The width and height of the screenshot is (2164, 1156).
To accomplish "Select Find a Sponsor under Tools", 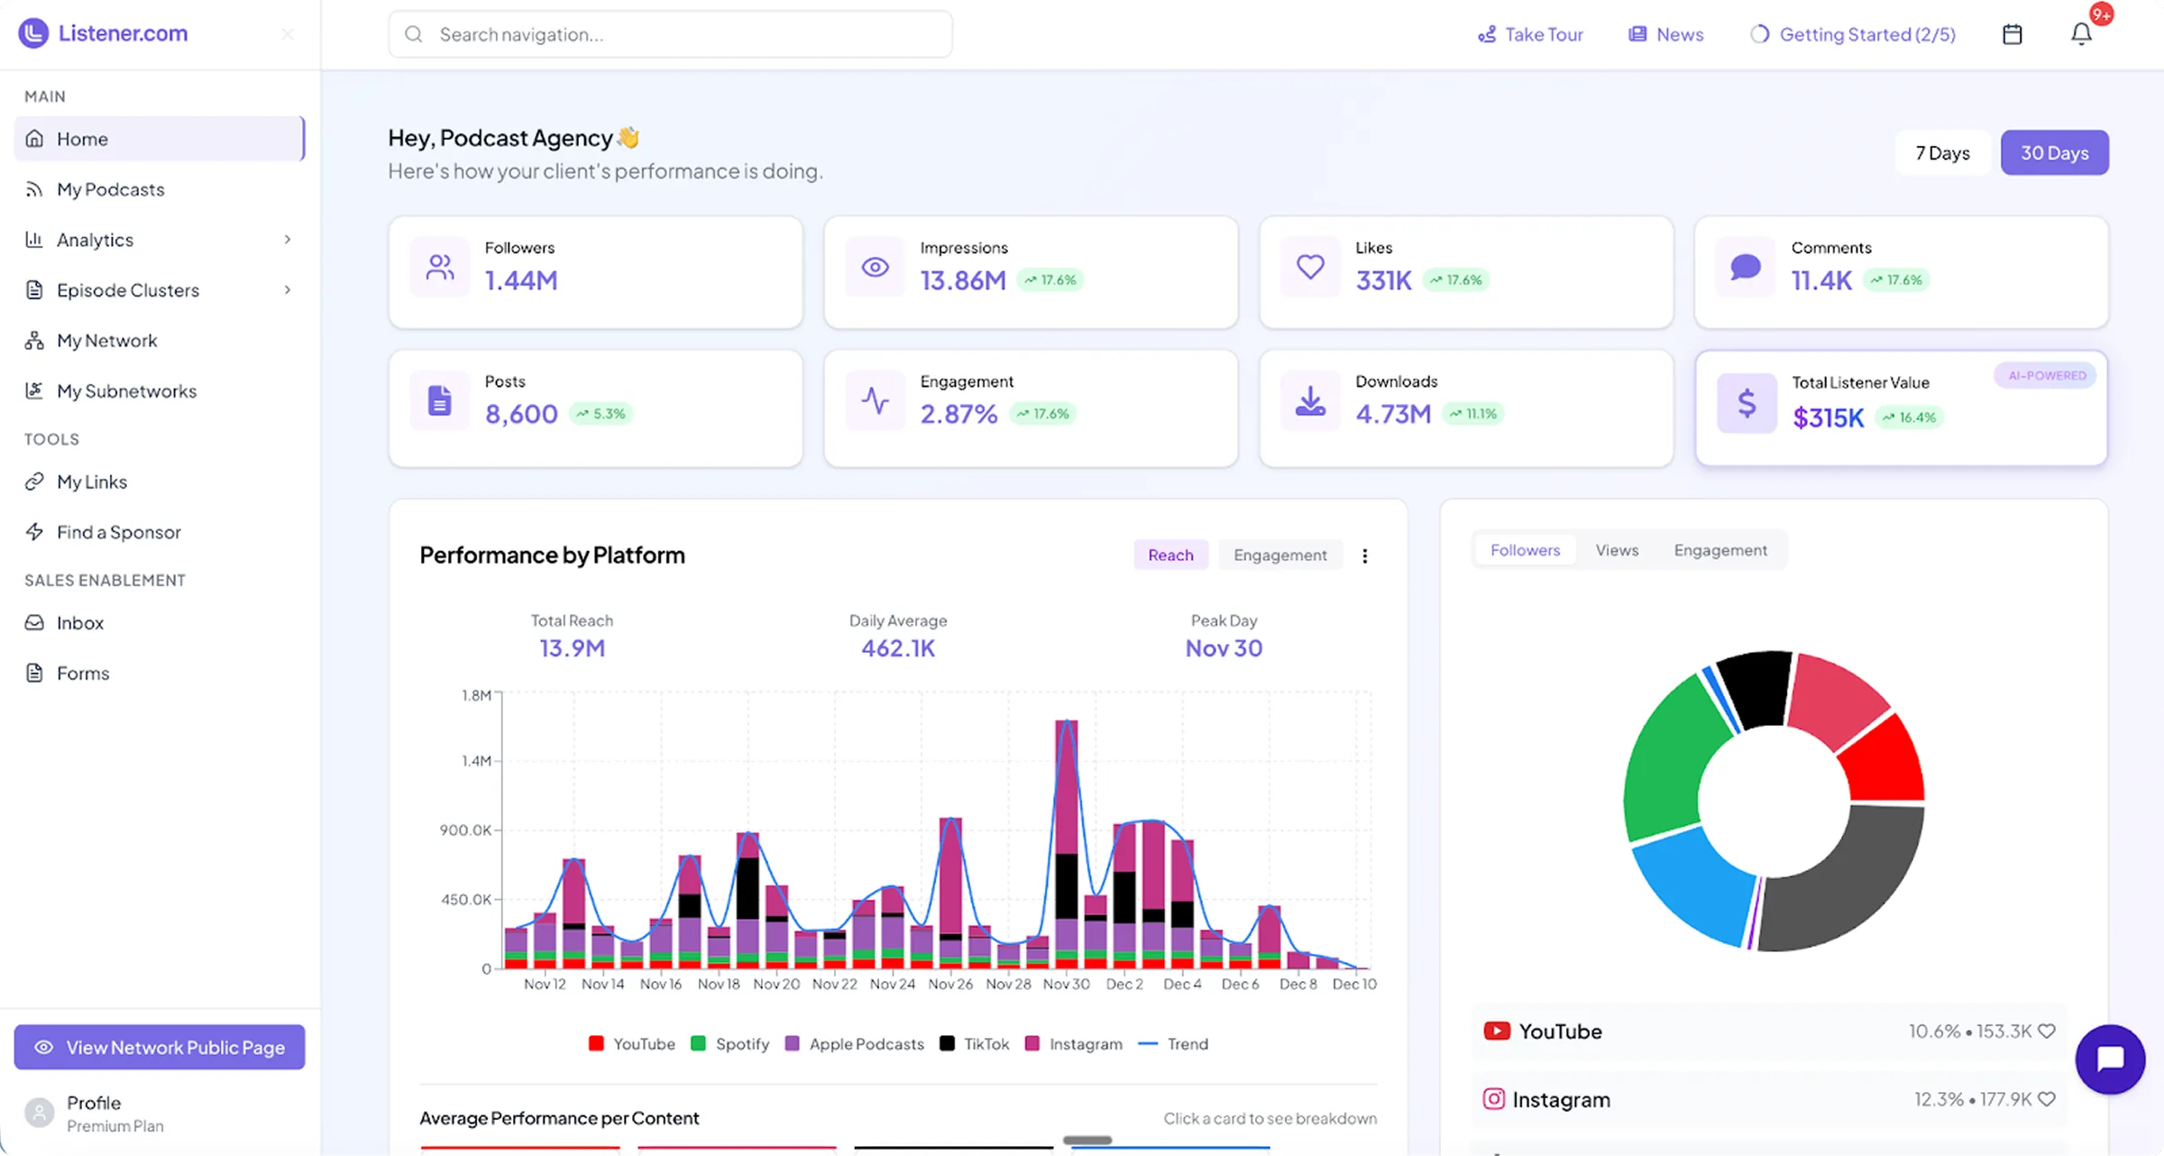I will click(x=118, y=532).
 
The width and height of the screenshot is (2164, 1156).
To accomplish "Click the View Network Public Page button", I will click(x=160, y=1047).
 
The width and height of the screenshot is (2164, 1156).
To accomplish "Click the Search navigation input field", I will click(x=670, y=34).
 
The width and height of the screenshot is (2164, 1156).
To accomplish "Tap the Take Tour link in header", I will click(x=1530, y=34).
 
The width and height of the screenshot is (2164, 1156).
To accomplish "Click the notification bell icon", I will click(x=2081, y=34).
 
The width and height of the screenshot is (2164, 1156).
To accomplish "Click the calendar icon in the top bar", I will click(x=2012, y=34).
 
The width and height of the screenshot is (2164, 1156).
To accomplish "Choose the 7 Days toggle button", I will click(x=1942, y=153).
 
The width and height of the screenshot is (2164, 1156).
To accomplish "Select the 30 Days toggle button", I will click(x=2054, y=153).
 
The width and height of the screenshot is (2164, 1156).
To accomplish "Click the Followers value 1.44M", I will click(x=521, y=280).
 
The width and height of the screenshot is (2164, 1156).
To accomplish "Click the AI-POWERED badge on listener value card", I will click(x=2046, y=376).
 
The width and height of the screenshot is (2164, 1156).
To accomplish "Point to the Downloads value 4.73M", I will click(x=1393, y=414).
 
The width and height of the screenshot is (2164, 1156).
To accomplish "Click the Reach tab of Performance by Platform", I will click(x=1170, y=555).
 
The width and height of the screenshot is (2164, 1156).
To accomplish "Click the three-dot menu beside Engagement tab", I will click(x=1364, y=555).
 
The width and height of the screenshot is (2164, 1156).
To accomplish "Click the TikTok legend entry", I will click(x=975, y=1043).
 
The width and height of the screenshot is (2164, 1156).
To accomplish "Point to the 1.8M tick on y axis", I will click(x=476, y=695).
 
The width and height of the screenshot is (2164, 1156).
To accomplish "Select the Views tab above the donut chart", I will click(x=1617, y=550).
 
